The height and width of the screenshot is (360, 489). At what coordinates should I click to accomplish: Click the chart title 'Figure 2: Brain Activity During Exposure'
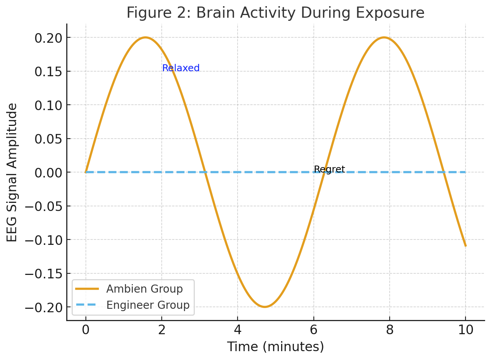pyautogui.click(x=275, y=13)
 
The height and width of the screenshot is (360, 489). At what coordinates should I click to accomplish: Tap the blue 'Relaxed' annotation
pyautogui.click(x=181, y=68)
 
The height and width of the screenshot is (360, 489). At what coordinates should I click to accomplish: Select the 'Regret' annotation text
pyautogui.click(x=329, y=169)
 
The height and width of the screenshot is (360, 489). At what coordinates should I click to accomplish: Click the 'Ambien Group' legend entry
pyautogui.click(x=144, y=289)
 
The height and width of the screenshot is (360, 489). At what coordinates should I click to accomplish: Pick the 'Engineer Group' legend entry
pyautogui.click(x=148, y=305)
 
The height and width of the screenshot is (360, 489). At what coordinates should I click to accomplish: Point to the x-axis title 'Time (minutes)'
pyautogui.click(x=275, y=347)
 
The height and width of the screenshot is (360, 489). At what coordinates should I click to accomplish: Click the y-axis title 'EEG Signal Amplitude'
pyautogui.click(x=12, y=172)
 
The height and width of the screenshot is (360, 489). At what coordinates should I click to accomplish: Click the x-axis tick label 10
pyautogui.click(x=466, y=330)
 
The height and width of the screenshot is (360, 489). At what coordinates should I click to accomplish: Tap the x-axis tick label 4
pyautogui.click(x=238, y=330)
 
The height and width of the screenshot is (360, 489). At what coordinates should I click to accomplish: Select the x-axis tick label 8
pyautogui.click(x=390, y=330)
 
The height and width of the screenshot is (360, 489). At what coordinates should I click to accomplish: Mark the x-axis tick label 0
pyautogui.click(x=85, y=330)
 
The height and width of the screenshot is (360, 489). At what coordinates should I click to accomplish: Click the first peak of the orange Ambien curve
pyautogui.click(x=145, y=37)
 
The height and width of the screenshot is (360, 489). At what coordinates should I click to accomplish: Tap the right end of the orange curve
pyautogui.click(x=466, y=246)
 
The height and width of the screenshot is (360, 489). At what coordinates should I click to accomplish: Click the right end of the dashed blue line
pyautogui.click(x=465, y=172)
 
